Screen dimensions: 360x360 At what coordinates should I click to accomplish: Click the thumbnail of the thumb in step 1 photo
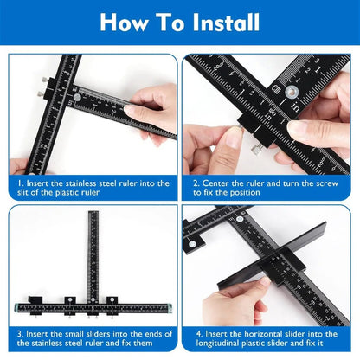click(130, 111)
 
